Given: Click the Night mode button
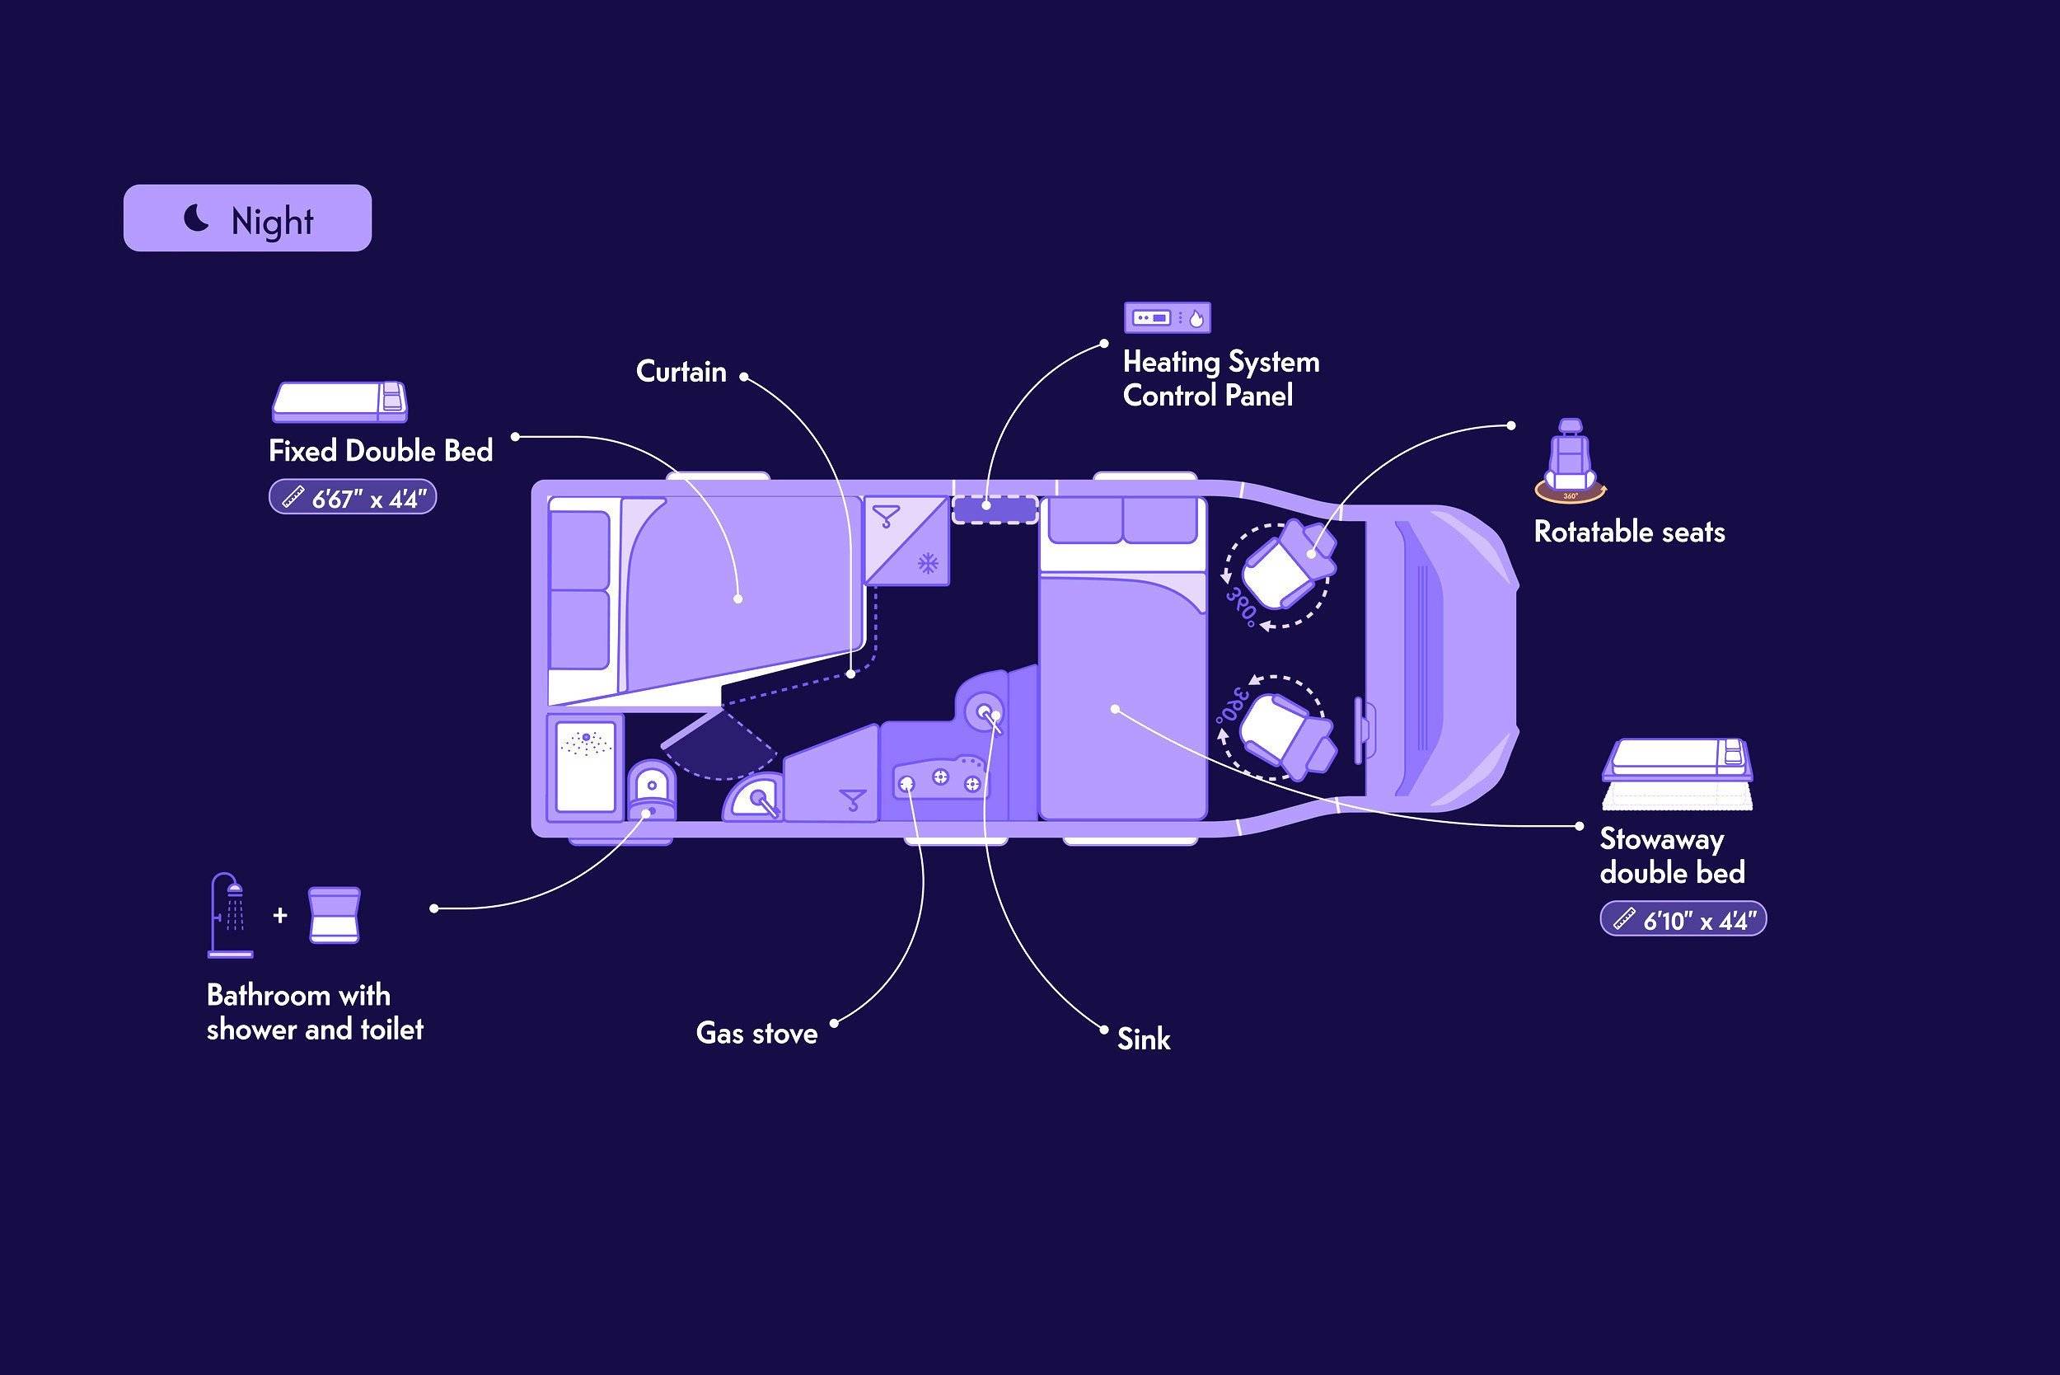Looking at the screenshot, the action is click(247, 218).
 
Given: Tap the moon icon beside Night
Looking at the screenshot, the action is click(196, 218).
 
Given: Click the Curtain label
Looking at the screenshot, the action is click(681, 372).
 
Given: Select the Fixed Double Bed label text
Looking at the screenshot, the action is click(381, 451).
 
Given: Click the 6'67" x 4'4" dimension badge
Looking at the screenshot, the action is click(353, 497).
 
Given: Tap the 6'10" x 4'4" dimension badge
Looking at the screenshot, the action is click(1683, 919).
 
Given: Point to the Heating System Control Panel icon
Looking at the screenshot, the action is click(1168, 317).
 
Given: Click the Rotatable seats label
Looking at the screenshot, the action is click(1630, 533).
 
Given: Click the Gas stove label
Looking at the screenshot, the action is click(756, 1033).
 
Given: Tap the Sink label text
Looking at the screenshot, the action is click(1144, 1039).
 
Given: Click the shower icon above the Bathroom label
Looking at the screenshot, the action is click(231, 915).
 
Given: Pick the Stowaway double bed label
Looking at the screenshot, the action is click(1672, 856).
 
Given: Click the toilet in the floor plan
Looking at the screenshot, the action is click(652, 789).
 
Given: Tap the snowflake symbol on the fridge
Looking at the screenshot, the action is click(928, 563).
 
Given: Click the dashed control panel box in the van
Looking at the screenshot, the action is click(995, 509).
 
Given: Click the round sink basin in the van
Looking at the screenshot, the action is click(985, 712).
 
